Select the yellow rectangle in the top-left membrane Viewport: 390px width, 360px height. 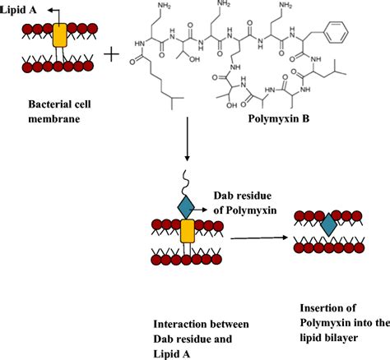(x=60, y=35)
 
